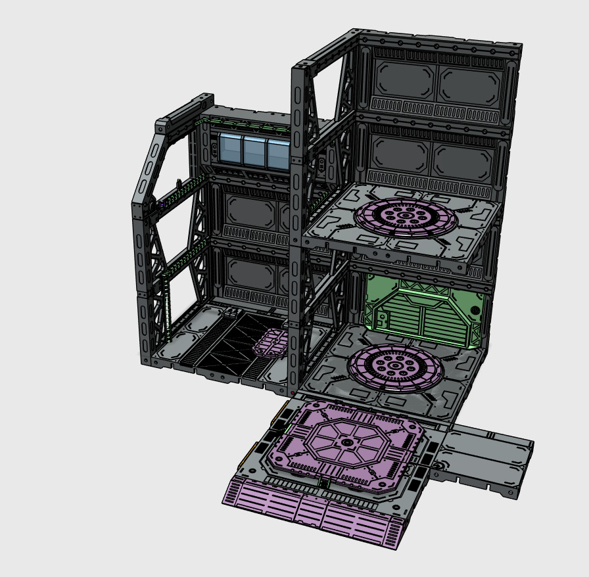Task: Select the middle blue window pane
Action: [x=254, y=151]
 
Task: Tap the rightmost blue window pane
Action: [x=277, y=154]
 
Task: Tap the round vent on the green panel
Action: [x=475, y=310]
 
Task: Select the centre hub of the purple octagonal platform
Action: [x=346, y=444]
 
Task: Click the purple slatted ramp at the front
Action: [x=316, y=513]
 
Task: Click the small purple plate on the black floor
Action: [x=270, y=342]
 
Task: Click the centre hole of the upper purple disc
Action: [x=406, y=216]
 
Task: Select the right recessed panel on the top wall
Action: [x=468, y=84]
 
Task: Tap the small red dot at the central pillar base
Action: [x=293, y=392]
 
